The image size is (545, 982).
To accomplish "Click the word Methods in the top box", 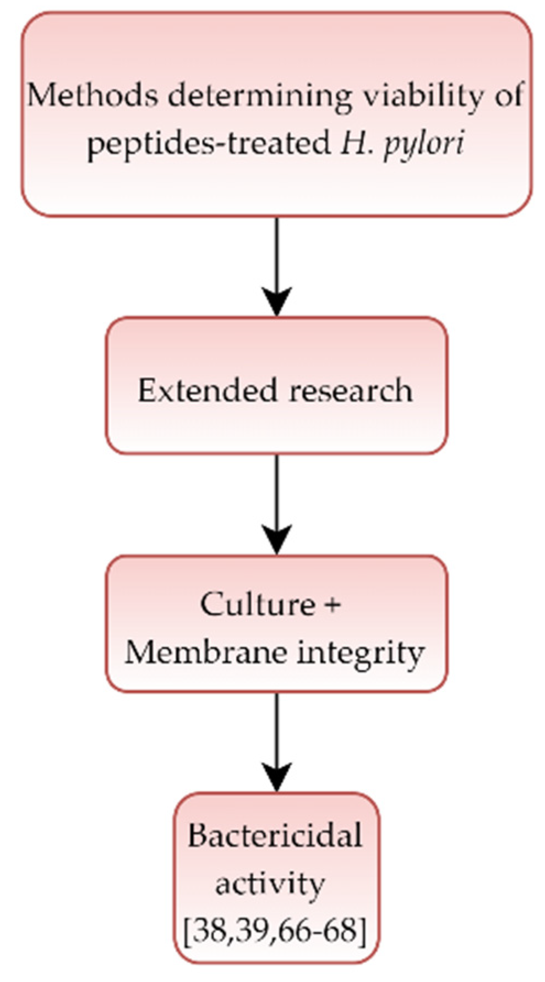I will (92, 96).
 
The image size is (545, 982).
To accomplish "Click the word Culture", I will (257, 605).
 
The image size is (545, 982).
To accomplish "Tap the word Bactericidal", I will (275, 836).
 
